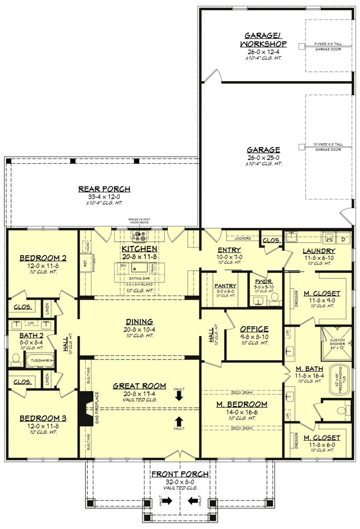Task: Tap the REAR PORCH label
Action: click(x=104, y=189)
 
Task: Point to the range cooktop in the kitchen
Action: click(x=140, y=237)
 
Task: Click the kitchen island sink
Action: click(x=139, y=268)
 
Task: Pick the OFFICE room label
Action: click(x=254, y=329)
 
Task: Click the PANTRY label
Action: click(x=225, y=286)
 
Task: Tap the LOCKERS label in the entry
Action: click(x=243, y=239)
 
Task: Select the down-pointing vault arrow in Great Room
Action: click(x=179, y=396)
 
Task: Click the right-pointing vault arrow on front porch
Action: click(x=167, y=501)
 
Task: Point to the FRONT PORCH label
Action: click(x=180, y=474)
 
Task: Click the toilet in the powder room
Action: click(x=273, y=298)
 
